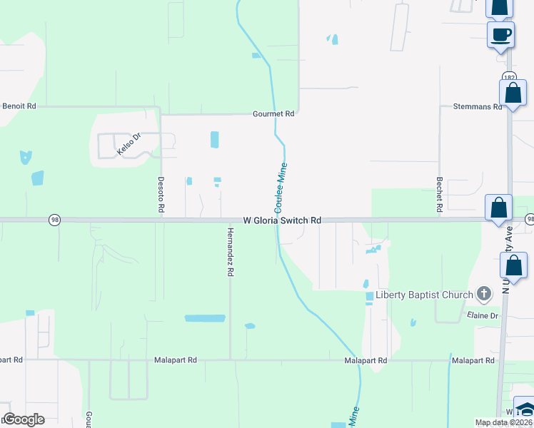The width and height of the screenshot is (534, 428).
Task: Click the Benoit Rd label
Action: coord(19,106)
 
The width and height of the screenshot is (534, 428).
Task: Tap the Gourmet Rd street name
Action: coord(273,113)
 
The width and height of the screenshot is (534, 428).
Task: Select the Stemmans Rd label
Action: coord(478,106)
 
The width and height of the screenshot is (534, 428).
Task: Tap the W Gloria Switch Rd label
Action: coord(282,221)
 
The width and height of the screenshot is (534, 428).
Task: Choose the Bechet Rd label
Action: coord(440,194)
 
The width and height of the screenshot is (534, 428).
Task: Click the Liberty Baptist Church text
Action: coord(424,295)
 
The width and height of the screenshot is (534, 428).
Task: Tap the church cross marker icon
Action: coord(484,293)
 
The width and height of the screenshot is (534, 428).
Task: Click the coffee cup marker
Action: coord(500,34)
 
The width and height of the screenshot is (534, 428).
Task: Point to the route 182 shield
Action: coord(508,77)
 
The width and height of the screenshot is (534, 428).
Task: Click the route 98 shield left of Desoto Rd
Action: coord(55,220)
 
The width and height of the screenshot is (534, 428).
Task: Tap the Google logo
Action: coord(24,419)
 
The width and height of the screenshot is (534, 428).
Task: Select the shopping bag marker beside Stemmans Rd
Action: coord(513,93)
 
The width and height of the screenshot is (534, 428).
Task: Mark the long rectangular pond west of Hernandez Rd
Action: coord(205,318)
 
